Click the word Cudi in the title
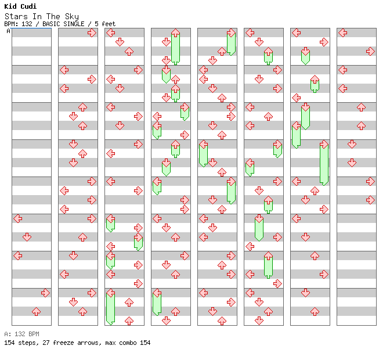tap(28, 6)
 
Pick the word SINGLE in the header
tap(74, 24)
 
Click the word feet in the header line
tap(109, 24)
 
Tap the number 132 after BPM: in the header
tap(27, 24)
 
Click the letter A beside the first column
tap(8, 31)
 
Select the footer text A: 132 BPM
tap(21, 334)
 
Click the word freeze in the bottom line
tap(63, 343)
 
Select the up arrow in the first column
tap(37, 311)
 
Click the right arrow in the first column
tap(45, 293)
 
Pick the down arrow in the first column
tap(27, 237)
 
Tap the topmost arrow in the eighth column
tap(343, 33)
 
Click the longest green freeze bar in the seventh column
tap(324, 163)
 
